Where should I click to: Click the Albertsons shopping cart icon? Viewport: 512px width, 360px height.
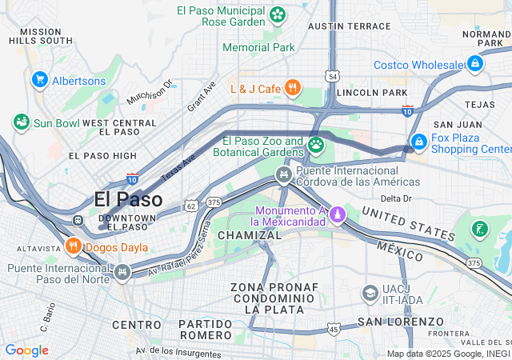[x=39, y=80]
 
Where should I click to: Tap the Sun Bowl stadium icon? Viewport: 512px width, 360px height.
[x=21, y=122]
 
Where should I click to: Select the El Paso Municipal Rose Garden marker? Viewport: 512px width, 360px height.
[x=278, y=14]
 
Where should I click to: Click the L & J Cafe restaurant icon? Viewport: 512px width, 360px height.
[x=293, y=87]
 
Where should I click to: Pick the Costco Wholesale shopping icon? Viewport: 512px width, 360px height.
[x=475, y=63]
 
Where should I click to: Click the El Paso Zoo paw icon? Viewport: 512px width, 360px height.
[x=316, y=145]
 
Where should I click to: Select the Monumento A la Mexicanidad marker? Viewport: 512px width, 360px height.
[x=338, y=214]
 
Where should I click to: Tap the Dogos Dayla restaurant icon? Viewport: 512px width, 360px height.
[x=74, y=246]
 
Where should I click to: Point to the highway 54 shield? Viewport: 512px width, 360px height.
[x=332, y=76]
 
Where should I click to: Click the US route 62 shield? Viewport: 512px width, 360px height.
[x=190, y=206]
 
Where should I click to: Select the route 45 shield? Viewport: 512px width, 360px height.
[x=334, y=329]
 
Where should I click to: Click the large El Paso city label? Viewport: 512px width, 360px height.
[x=128, y=199]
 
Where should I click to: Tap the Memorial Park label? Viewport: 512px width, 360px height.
[x=258, y=47]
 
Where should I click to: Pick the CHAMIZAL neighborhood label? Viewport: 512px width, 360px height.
[x=250, y=235]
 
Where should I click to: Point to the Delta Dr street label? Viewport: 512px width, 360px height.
[x=395, y=198]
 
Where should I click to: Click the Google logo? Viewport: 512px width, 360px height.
[x=26, y=350]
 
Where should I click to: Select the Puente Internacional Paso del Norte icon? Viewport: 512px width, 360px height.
[x=122, y=273]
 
